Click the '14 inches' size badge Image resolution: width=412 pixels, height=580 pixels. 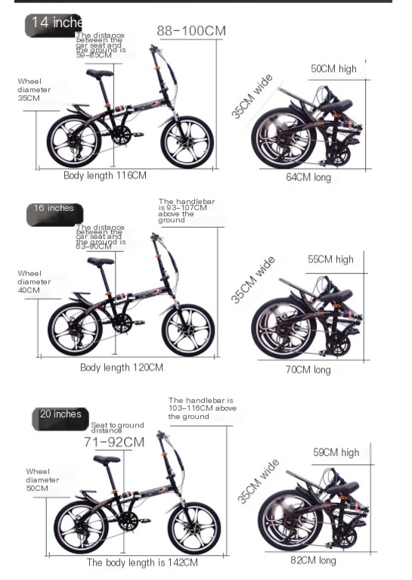click(54, 23)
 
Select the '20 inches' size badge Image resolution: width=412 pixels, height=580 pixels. click(60, 415)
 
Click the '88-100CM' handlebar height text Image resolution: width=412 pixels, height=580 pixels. click(191, 31)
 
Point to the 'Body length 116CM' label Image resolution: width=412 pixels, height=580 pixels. click(104, 175)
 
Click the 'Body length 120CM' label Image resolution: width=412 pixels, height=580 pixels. click(121, 368)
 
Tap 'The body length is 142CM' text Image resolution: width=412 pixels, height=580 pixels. click(142, 563)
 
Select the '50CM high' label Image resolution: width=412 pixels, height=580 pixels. click(333, 69)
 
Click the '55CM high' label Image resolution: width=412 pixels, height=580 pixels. click(330, 259)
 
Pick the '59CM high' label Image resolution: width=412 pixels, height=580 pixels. click(336, 452)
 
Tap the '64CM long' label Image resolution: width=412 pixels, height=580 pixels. click(308, 178)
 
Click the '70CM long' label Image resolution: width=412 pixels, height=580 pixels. click(308, 370)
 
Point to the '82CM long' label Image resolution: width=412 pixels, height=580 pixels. click(313, 560)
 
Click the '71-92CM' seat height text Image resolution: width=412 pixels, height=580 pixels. click(114, 442)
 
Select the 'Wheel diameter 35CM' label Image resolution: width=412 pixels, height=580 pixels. click(34, 89)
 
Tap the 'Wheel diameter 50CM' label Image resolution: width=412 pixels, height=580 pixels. click(42, 479)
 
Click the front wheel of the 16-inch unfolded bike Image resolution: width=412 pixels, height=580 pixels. click(188, 330)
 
